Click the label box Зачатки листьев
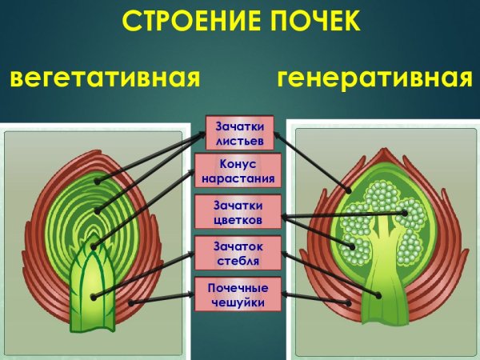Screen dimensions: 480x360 click(240, 133)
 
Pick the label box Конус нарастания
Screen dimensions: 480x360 click(240, 171)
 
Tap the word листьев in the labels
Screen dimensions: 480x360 click(239, 140)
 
